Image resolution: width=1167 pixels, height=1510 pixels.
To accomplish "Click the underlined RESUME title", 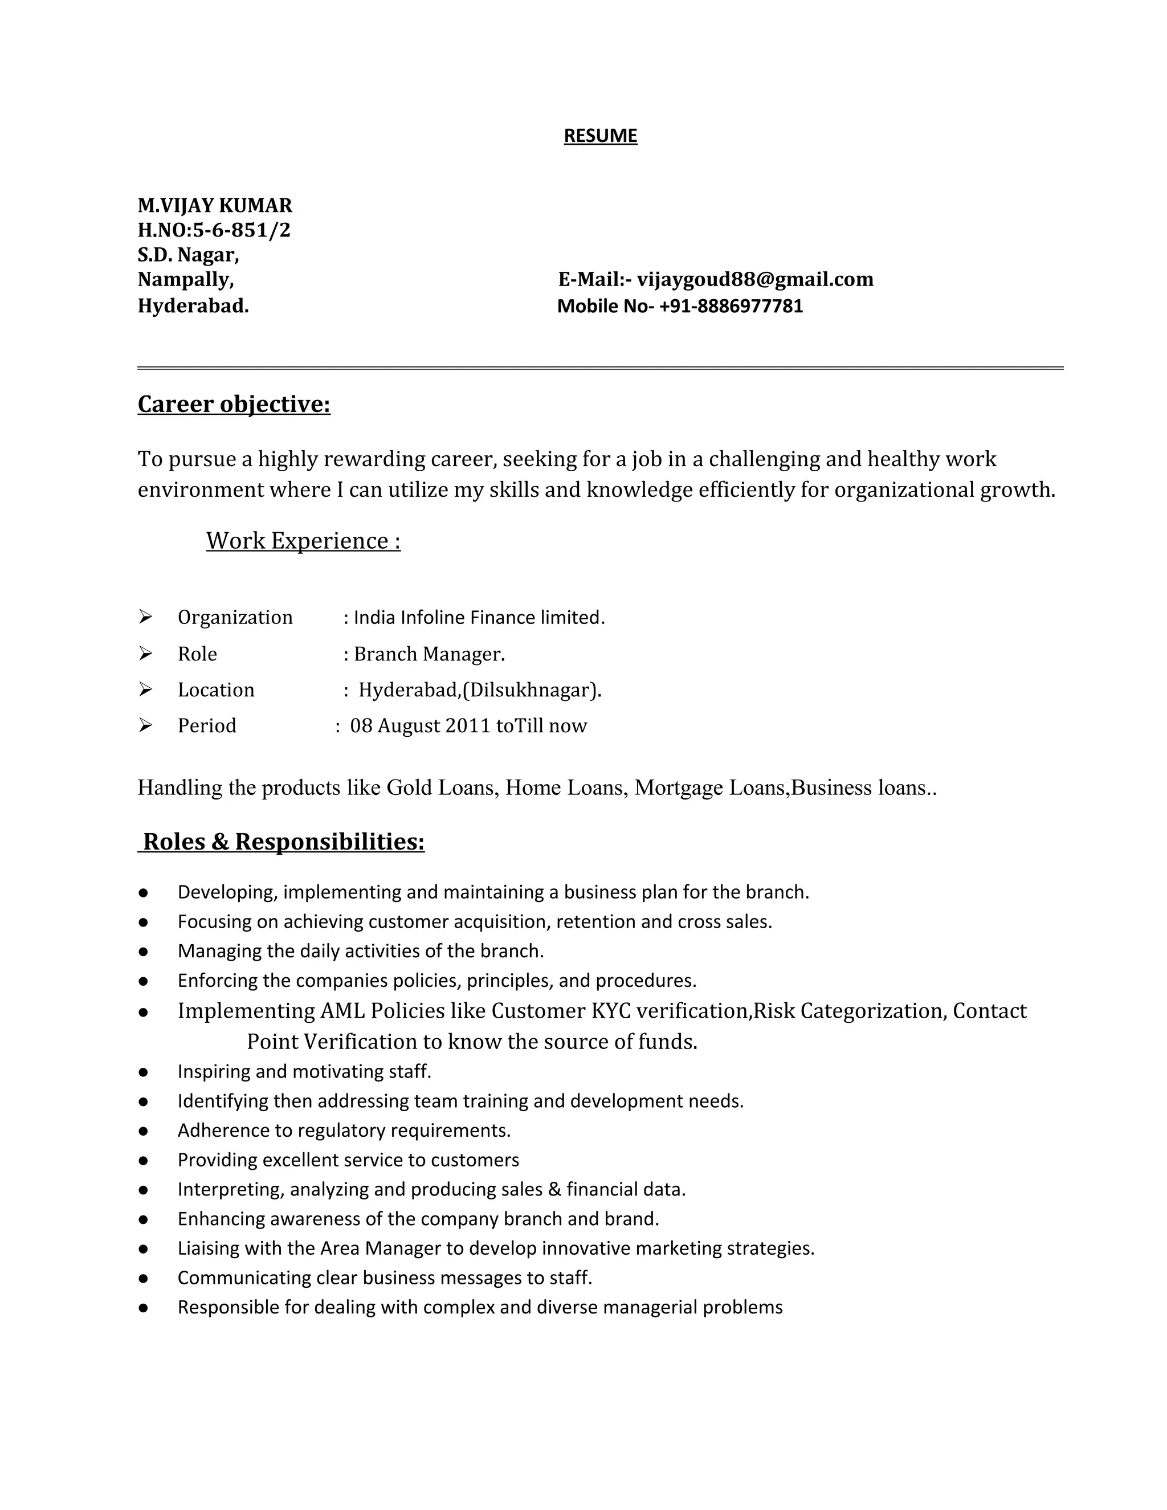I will pyautogui.click(x=600, y=136).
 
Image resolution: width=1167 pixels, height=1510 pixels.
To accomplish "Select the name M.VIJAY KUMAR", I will pyautogui.click(x=215, y=205).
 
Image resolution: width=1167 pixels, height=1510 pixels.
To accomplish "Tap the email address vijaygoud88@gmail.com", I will pyautogui.click(x=755, y=279).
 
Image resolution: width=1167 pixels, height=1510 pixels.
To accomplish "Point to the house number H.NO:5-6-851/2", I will pyautogui.click(x=214, y=230).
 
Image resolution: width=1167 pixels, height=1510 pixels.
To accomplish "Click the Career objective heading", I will pyautogui.click(x=234, y=405).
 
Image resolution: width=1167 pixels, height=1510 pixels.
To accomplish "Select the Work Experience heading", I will pyautogui.click(x=303, y=541).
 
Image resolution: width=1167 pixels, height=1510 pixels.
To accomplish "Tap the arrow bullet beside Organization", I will pyautogui.click(x=145, y=616).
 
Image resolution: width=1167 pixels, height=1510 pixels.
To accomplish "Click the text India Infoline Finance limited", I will pyautogui.click(x=479, y=618).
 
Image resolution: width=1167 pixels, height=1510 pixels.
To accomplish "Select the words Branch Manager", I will pyautogui.click(x=429, y=654).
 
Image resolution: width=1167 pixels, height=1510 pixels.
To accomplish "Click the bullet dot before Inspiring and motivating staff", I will pyautogui.click(x=143, y=1072).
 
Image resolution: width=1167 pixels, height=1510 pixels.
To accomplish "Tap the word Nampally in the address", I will pyautogui.click(x=185, y=279).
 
